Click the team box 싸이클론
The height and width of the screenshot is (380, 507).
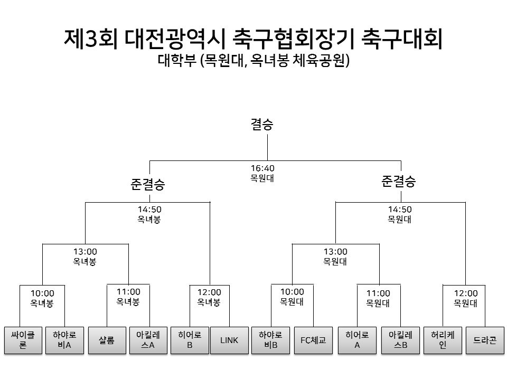(23, 340)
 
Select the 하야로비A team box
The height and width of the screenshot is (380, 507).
(64, 340)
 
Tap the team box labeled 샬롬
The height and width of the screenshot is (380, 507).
(107, 340)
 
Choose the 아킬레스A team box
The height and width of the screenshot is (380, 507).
(148, 340)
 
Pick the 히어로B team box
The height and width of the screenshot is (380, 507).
(190, 340)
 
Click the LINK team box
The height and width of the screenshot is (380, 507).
(229, 340)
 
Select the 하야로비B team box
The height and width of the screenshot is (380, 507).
(270, 340)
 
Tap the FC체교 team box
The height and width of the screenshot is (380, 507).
(313, 340)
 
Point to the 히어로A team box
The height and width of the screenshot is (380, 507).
(358, 340)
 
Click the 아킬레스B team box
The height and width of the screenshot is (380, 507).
(401, 340)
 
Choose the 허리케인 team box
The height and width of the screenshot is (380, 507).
(443, 340)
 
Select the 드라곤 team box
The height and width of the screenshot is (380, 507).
(485, 340)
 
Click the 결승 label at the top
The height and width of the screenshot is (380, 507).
(262, 125)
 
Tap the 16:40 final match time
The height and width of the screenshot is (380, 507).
(262, 168)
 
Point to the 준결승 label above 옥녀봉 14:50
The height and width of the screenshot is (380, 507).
(148, 184)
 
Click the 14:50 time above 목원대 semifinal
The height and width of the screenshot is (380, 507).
(400, 210)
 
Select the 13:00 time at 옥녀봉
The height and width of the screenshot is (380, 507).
(85, 251)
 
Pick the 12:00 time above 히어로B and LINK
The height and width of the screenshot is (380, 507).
(209, 292)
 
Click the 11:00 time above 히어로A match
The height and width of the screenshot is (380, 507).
(378, 293)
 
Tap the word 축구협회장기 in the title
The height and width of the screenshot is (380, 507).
(293, 39)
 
